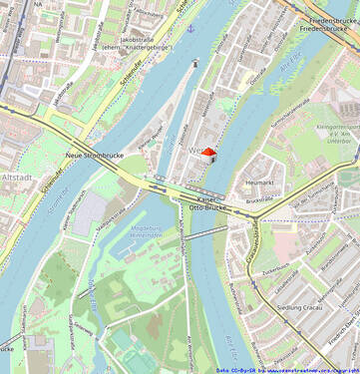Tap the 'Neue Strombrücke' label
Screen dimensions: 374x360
(95, 156)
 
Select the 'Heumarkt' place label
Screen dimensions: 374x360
(259, 184)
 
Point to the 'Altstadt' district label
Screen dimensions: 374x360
(16, 177)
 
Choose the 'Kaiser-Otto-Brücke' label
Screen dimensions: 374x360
(206, 204)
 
